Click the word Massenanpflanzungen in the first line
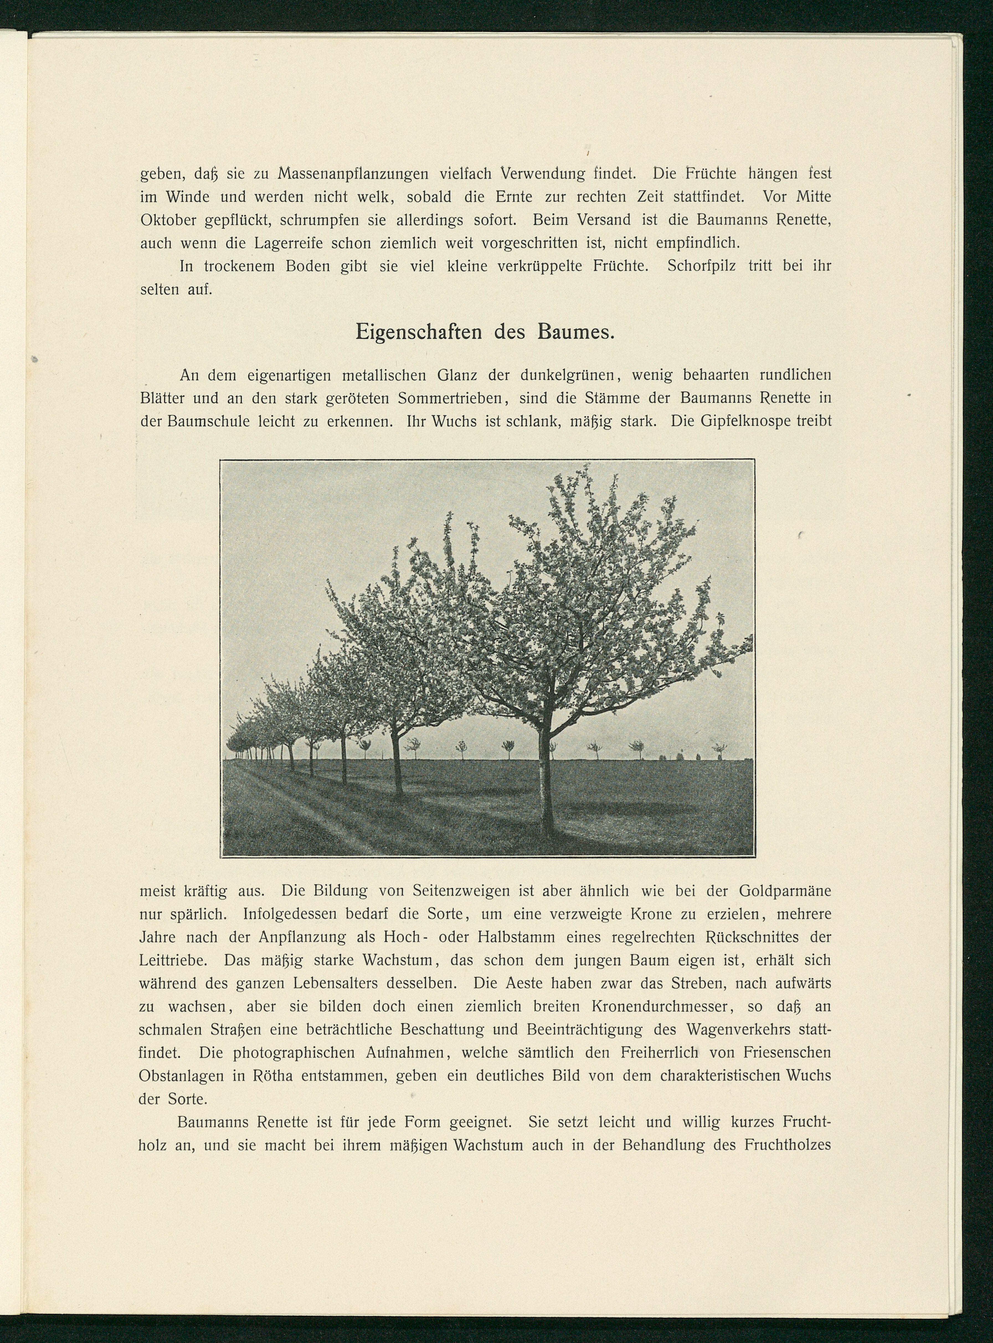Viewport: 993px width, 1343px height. point(353,174)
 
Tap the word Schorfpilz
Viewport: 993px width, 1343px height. point(701,266)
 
